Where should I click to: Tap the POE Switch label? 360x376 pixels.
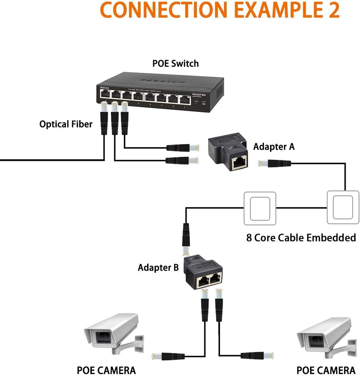176,63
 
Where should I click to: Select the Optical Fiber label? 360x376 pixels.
66,124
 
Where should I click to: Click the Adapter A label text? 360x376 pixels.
274,147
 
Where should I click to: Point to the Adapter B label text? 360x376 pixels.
158,268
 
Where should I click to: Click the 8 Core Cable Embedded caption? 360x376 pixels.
301,238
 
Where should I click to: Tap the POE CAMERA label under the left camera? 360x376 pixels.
106,370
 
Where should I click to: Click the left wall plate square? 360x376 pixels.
260,208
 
